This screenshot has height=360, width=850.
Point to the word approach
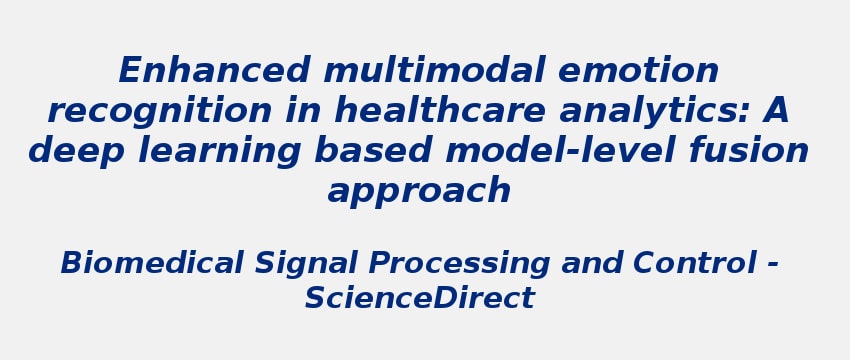(419, 191)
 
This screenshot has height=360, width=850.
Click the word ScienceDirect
(419, 298)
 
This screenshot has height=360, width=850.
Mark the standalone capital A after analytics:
(776, 111)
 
